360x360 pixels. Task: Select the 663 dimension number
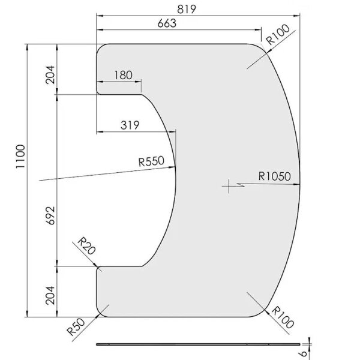(x=167, y=23)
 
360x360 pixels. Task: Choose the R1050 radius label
(x=274, y=176)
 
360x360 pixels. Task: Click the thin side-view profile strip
(x=198, y=344)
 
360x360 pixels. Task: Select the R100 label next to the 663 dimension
(x=278, y=34)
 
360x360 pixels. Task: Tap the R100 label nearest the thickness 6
(x=282, y=316)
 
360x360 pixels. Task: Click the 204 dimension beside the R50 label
(x=49, y=295)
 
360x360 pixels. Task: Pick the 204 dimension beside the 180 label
(x=49, y=75)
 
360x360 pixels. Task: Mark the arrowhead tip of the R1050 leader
(x=299, y=183)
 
